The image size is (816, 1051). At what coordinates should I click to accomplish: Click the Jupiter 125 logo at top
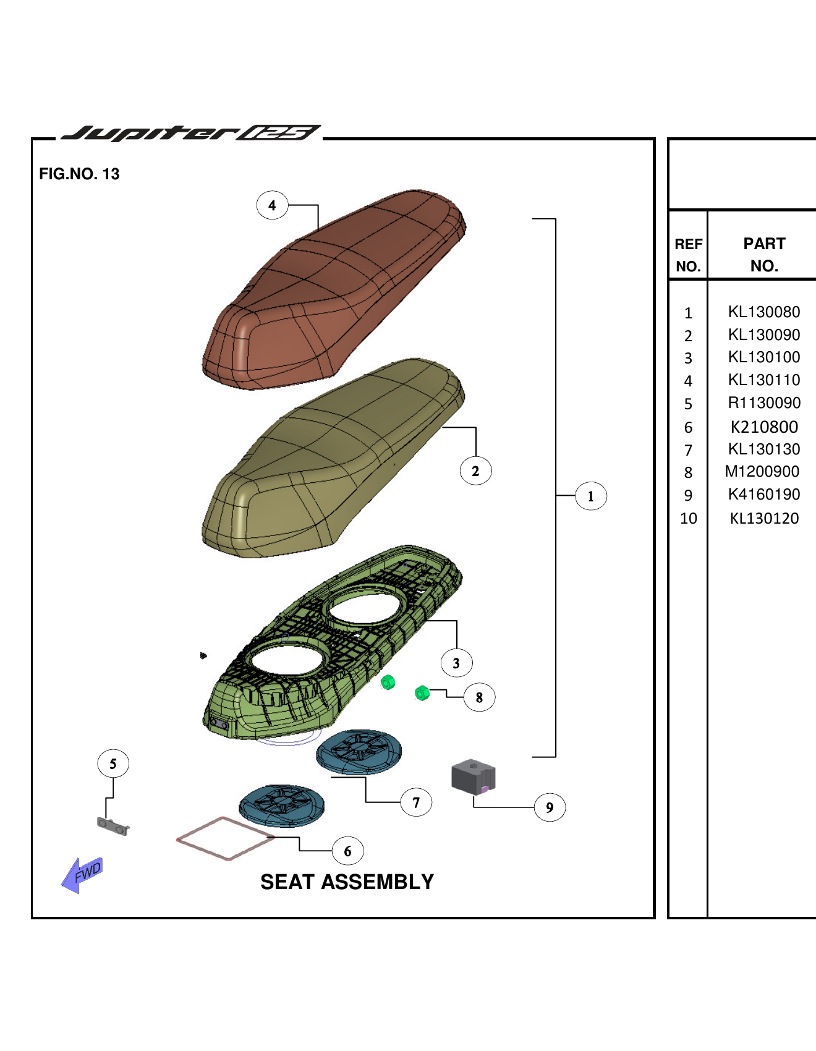pyautogui.click(x=190, y=133)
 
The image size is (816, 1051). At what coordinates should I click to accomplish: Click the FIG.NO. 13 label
pyautogui.click(x=79, y=174)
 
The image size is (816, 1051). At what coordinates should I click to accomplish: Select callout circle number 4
pyautogui.click(x=272, y=205)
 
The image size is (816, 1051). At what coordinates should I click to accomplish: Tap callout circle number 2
pyautogui.click(x=475, y=471)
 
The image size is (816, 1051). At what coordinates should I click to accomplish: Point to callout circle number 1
pyautogui.click(x=590, y=496)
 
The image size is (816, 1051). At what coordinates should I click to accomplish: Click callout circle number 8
pyautogui.click(x=479, y=697)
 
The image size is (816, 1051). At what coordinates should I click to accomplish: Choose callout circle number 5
pyautogui.click(x=113, y=764)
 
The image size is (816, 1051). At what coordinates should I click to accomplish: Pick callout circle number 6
pyautogui.click(x=347, y=851)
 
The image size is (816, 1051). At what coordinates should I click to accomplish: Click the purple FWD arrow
pyautogui.click(x=83, y=874)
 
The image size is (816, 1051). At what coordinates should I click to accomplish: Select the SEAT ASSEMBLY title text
pyautogui.click(x=347, y=882)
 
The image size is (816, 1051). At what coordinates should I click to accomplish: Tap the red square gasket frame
pyautogui.click(x=225, y=838)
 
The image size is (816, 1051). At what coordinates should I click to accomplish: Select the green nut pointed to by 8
pyautogui.click(x=422, y=693)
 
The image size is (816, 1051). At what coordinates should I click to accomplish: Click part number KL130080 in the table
pyautogui.click(x=763, y=312)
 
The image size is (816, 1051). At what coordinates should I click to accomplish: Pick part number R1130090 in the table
pyautogui.click(x=763, y=403)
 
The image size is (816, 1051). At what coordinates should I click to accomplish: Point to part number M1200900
pyautogui.click(x=762, y=472)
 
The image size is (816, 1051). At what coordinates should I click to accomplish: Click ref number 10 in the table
pyautogui.click(x=688, y=519)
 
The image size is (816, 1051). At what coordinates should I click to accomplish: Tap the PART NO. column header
pyautogui.click(x=764, y=255)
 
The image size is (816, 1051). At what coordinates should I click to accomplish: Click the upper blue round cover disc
pyautogui.click(x=359, y=751)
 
